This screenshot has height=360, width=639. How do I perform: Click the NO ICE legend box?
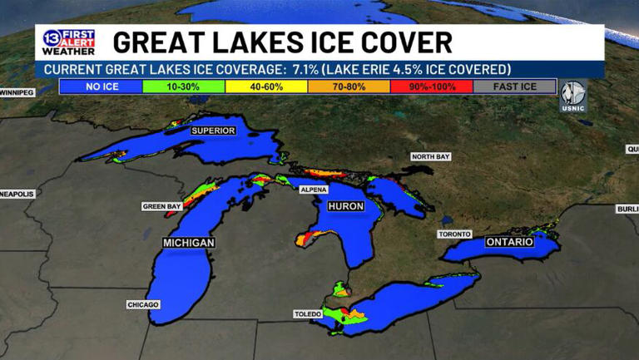(x=101, y=86)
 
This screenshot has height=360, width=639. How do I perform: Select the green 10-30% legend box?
(x=183, y=86)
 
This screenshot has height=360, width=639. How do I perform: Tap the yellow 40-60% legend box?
(x=266, y=86)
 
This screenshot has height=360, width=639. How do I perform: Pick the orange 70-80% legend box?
(x=349, y=86)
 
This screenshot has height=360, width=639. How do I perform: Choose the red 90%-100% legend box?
(x=431, y=86)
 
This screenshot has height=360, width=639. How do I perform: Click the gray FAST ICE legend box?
(x=514, y=86)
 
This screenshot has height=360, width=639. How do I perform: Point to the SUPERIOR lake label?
(x=214, y=131)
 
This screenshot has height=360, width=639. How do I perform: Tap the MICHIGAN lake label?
(x=189, y=242)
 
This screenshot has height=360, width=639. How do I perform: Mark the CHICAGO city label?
(x=142, y=305)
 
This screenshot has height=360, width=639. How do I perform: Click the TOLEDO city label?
(x=307, y=314)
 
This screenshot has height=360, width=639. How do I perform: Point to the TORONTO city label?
(x=454, y=234)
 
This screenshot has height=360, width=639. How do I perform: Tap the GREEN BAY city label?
(x=161, y=205)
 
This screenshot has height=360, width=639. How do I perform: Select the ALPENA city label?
(x=314, y=190)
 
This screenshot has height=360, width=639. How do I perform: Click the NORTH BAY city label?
(x=431, y=156)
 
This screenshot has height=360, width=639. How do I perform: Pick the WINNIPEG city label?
(x=17, y=92)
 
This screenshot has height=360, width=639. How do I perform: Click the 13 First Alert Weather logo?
(x=65, y=42)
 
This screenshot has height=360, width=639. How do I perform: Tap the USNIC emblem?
(x=572, y=96)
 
